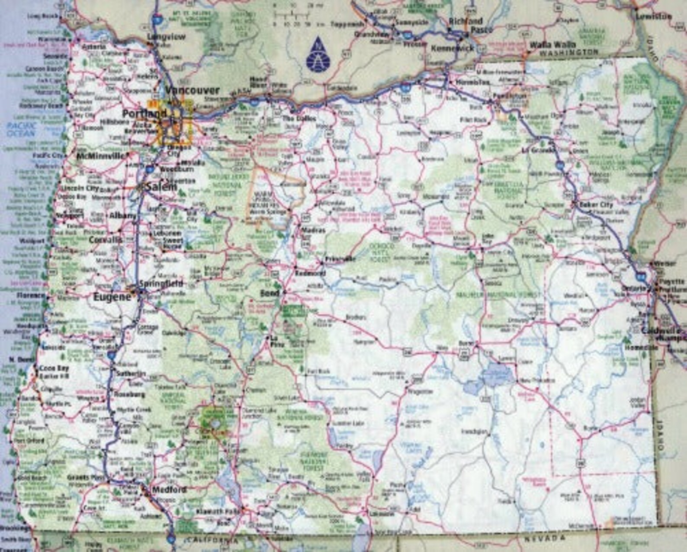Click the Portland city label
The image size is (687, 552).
[144, 114]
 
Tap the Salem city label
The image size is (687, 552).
[161, 187]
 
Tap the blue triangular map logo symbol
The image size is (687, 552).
[318, 54]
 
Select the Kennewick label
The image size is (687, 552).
[453, 48]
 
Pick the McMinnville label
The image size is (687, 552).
[100, 156]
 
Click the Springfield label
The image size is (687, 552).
[161, 284]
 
